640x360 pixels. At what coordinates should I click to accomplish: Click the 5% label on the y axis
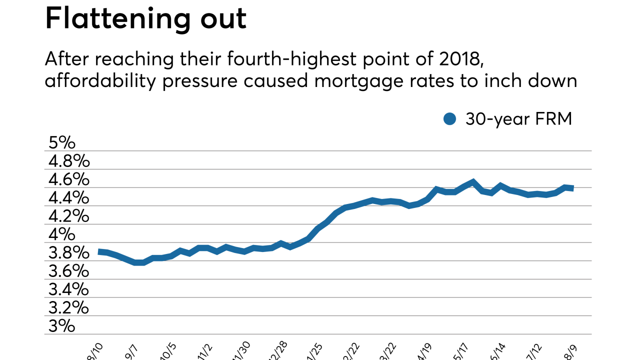coord(61,143)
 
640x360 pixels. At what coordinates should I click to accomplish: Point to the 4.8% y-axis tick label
coord(68,161)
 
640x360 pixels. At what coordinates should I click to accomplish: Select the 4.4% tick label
coord(68,198)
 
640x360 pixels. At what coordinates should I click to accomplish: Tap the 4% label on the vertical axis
coord(61,234)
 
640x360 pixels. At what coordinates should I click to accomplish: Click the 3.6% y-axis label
coord(68,271)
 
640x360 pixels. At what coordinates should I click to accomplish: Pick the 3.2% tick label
coord(68,307)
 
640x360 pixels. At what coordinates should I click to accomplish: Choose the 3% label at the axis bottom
coord(61,326)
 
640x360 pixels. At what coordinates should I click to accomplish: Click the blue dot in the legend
coord(450,119)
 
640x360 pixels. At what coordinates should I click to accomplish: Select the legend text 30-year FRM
coord(518,119)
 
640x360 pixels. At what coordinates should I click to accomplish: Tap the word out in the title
coord(222,18)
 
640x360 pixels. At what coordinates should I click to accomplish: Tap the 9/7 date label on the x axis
coord(131,351)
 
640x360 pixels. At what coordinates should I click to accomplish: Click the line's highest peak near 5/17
coord(473,181)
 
